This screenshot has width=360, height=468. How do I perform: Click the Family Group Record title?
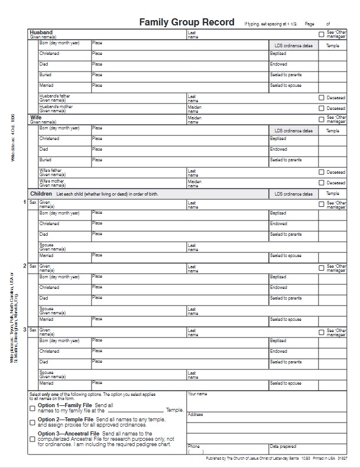click(x=187, y=22)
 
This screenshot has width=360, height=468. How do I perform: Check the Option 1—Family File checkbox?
click(x=33, y=408)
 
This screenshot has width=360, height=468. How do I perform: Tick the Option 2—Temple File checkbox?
click(x=33, y=422)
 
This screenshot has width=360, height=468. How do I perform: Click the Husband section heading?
click(x=41, y=32)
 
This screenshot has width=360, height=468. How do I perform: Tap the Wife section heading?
click(x=35, y=118)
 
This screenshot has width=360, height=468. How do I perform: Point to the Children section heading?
click(x=41, y=194)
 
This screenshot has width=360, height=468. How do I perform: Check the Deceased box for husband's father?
click(x=322, y=97)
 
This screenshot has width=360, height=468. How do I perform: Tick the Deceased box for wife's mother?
click(x=322, y=183)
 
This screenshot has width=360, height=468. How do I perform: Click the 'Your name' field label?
click(x=197, y=394)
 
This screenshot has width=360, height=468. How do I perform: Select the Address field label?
click(x=195, y=414)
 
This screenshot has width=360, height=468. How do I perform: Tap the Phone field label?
click(x=193, y=446)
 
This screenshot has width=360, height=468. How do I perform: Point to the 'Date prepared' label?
click(x=283, y=446)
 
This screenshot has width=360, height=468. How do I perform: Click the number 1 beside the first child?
click(x=25, y=203)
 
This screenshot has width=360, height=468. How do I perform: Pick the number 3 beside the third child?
click(x=25, y=330)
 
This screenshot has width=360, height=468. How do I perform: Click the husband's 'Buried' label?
click(x=46, y=75)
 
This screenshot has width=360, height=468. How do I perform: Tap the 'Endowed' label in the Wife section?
click(x=278, y=149)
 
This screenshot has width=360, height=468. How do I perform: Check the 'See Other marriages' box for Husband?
click(x=322, y=34)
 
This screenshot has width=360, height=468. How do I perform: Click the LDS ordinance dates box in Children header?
click(x=293, y=194)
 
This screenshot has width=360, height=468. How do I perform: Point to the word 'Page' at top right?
click(x=310, y=24)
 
